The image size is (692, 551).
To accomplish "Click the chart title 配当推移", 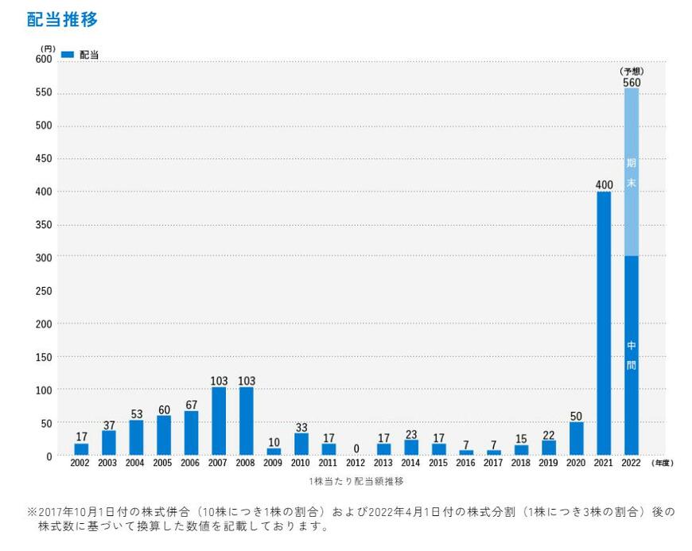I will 62,20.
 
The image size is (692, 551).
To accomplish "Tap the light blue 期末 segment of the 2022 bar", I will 632,172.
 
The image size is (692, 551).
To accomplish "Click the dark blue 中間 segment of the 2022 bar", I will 632,355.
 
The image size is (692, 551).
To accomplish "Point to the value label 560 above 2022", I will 632,82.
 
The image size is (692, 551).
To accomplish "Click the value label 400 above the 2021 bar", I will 604,185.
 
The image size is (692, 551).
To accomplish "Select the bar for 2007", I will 219,421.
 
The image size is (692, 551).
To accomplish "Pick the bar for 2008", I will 247,421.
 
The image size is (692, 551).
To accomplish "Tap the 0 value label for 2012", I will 356,448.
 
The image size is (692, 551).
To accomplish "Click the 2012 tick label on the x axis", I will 356,463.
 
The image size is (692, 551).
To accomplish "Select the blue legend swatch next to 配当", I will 68,55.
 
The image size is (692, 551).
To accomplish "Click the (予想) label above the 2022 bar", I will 632,71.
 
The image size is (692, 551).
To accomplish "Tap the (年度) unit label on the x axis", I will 662,463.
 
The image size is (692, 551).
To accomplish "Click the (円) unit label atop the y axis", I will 47,49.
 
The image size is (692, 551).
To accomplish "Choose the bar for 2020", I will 577,438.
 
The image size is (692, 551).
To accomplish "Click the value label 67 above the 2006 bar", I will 192,405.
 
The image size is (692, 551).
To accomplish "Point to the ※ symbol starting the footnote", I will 32,512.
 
